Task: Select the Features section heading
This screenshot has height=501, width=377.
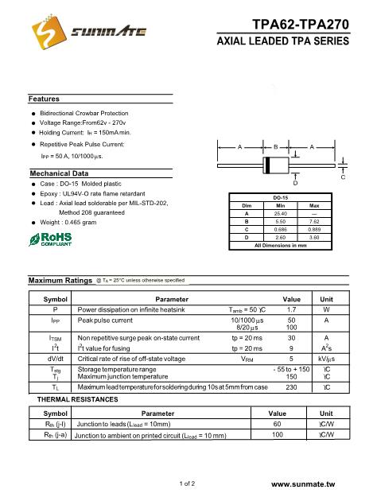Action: click(45, 99)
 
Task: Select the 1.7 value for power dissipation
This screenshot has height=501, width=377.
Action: click(291, 309)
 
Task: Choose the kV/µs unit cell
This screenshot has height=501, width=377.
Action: click(326, 359)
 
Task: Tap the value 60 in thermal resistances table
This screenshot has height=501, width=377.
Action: click(277, 425)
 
